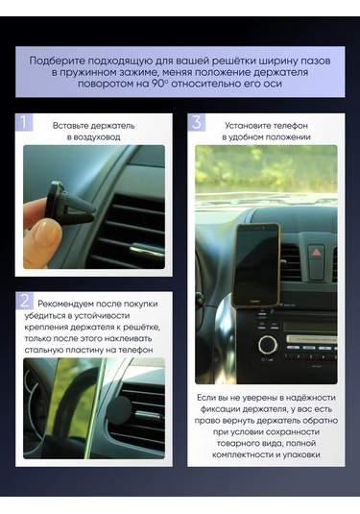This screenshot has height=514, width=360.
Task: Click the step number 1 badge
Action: click(x=25, y=123)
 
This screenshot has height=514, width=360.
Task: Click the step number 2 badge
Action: click(x=25, y=301)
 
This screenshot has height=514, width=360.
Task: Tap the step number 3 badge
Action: click(x=197, y=123)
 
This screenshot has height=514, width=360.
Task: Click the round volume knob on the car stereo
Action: click(x=268, y=342)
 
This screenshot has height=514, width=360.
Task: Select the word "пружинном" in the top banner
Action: click(x=108, y=72)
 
